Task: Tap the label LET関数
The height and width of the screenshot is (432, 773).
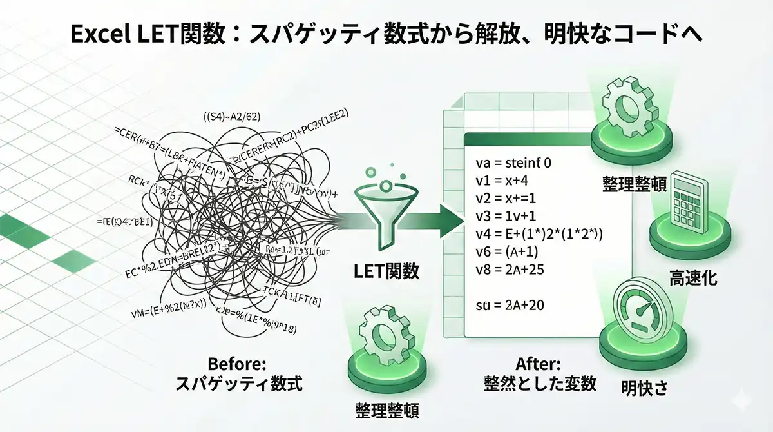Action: [x=386, y=271]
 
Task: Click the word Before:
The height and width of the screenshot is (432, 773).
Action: [x=238, y=362]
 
